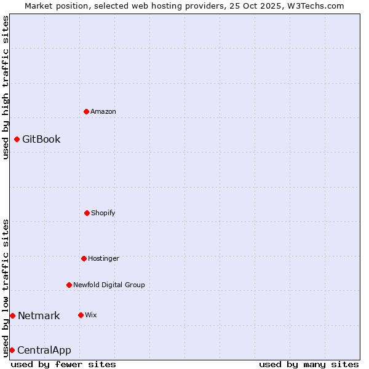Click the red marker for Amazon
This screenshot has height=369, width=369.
86,111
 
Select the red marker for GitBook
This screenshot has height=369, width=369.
17,139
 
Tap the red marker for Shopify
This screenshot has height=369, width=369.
87,213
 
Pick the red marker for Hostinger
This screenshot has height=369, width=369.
84,258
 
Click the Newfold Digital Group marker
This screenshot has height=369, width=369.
69,285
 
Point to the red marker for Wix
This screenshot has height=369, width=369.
81,315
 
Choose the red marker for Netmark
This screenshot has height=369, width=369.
12,315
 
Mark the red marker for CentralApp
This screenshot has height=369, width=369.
12,350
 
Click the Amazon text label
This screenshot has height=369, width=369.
103,111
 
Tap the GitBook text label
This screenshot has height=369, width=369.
41,139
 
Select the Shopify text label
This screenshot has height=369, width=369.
103,213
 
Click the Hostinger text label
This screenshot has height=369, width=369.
103,258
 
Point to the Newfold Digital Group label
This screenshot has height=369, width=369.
109,285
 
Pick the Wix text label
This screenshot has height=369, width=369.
91,315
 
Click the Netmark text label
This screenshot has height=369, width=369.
39,315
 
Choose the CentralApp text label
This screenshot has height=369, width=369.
44,350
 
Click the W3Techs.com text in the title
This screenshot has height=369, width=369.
314,6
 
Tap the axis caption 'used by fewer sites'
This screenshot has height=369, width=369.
63,364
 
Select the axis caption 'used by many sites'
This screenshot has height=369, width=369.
309,364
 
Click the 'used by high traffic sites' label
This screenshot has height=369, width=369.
6,87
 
